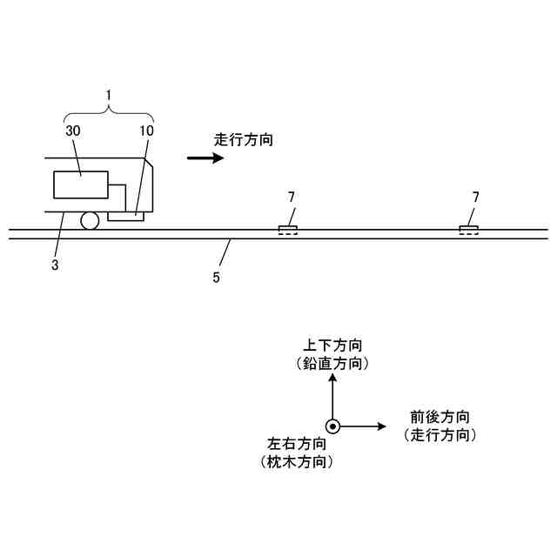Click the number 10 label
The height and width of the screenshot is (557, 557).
(x=145, y=130)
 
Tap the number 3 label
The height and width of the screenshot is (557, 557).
(x=54, y=265)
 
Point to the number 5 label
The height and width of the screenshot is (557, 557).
(x=217, y=278)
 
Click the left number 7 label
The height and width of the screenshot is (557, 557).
(x=292, y=198)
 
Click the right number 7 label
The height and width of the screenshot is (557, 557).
(x=475, y=198)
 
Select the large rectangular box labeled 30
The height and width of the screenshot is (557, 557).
(x=81, y=185)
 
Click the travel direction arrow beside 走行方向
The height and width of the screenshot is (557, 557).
(x=206, y=158)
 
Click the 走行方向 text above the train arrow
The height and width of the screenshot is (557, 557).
(x=244, y=138)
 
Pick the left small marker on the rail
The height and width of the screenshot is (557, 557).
(x=287, y=231)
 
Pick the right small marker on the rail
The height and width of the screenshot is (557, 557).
(x=470, y=231)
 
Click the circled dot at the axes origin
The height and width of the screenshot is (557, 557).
(x=332, y=426)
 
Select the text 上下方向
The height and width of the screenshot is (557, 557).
(x=332, y=346)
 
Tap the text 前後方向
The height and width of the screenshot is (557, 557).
(x=440, y=417)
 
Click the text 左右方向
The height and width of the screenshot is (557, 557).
(x=297, y=444)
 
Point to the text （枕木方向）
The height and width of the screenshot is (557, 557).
(x=297, y=462)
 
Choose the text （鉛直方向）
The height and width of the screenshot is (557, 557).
(x=332, y=363)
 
